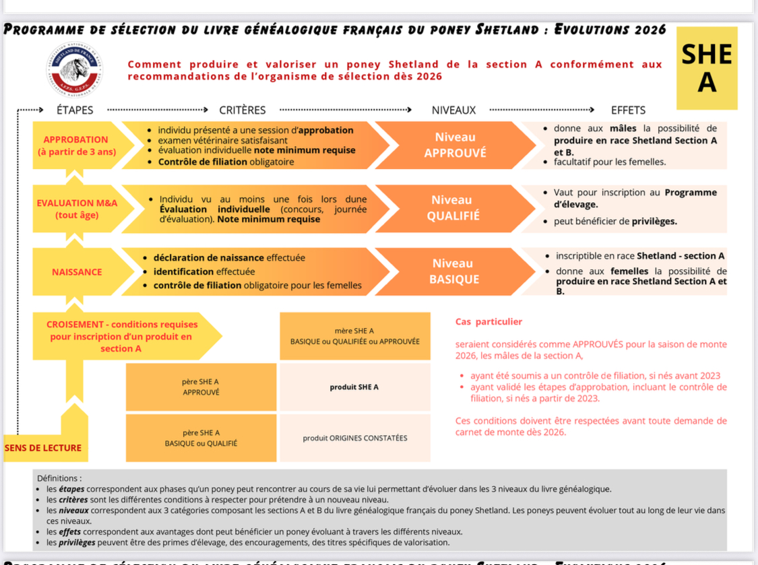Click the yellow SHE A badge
(x=706, y=68)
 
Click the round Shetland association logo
(x=75, y=69)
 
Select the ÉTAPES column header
(x=75, y=110)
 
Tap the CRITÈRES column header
(x=243, y=110)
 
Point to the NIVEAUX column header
(x=453, y=110)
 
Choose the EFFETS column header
(x=628, y=110)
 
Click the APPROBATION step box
(x=76, y=145)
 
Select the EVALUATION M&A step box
(x=76, y=209)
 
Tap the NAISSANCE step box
(x=76, y=272)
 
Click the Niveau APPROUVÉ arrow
(x=455, y=145)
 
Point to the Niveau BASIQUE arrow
(x=453, y=271)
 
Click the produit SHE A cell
(x=354, y=387)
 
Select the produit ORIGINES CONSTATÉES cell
(x=354, y=438)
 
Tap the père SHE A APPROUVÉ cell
(x=201, y=387)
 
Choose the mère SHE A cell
(x=354, y=336)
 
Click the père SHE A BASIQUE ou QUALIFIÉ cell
(x=201, y=438)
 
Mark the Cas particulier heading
(x=488, y=322)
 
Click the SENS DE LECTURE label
(x=42, y=448)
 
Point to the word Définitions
(x=59, y=477)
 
